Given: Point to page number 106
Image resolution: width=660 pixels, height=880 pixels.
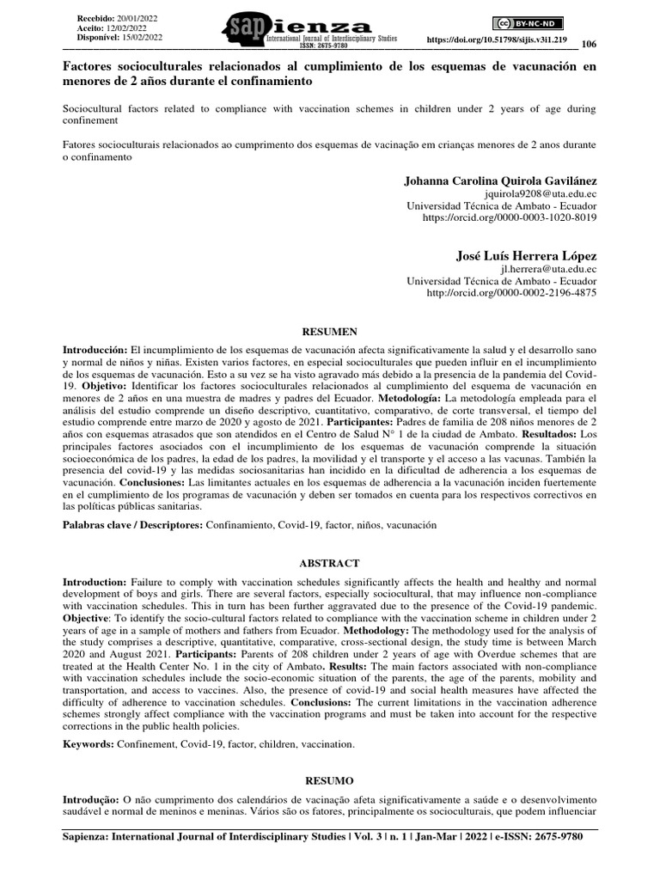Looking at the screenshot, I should pos(589,45).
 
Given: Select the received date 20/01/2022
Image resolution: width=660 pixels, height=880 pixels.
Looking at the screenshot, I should pos(138,17).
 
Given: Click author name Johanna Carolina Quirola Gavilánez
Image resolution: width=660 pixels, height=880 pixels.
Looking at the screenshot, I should pos(499,181).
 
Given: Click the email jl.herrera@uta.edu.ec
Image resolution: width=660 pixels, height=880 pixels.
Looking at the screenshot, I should pos(548,269).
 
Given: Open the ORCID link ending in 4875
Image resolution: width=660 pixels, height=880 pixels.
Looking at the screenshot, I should pos(511,292).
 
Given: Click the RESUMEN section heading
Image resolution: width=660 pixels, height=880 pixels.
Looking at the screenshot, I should pos(329,330).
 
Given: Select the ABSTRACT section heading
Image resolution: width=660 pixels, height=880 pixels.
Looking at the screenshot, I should pos(329,562).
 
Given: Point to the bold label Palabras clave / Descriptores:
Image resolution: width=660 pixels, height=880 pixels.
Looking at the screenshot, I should pos(133,524).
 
